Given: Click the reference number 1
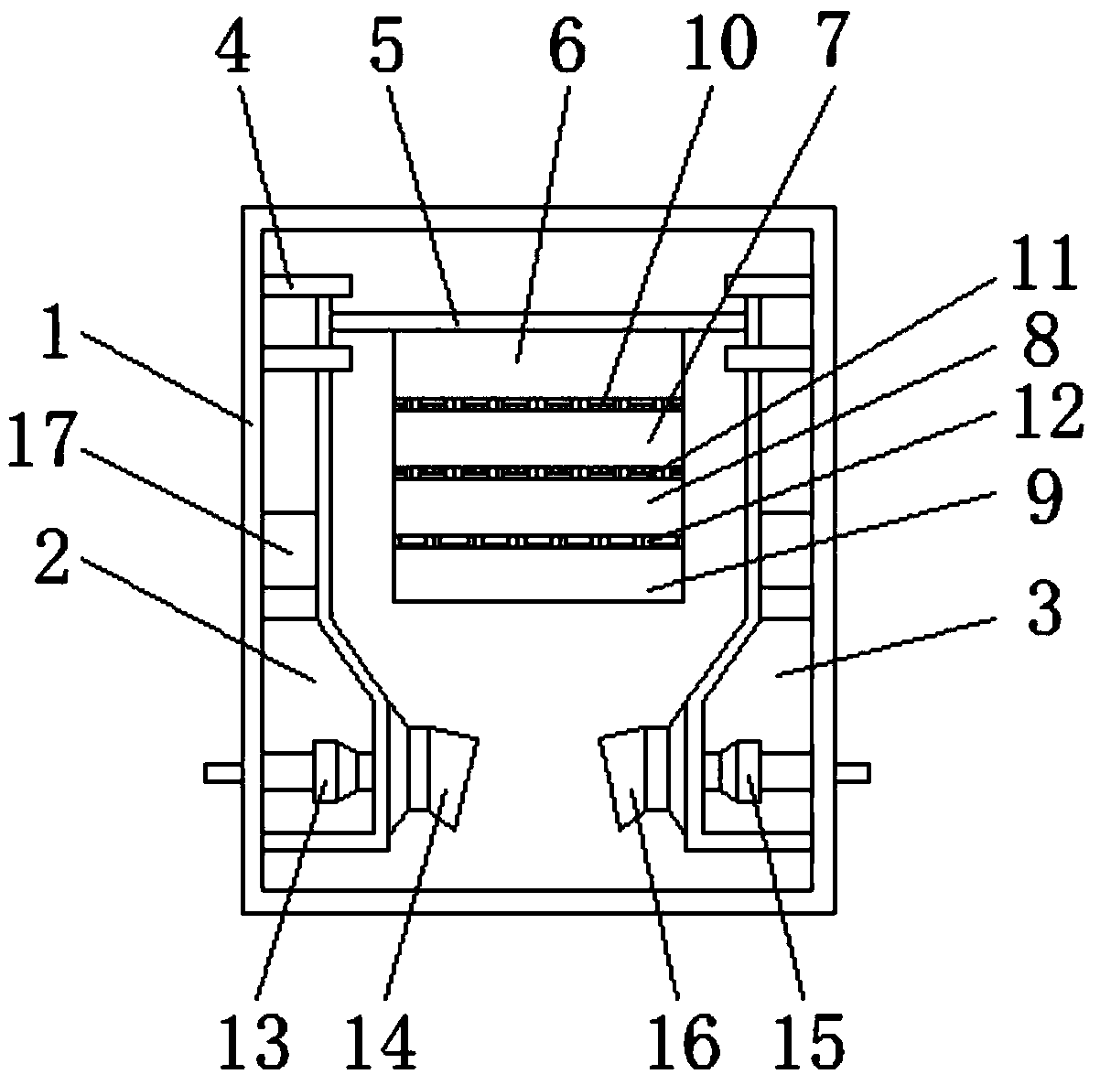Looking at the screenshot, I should coord(58,336).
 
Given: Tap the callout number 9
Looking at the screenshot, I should coord(1040,497).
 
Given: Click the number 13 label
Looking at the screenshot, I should coord(256,1040).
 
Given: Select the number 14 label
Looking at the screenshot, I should coord(384,1040).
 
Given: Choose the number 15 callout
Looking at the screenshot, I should coord(811,1040).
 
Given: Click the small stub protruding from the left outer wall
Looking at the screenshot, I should coord(223,773).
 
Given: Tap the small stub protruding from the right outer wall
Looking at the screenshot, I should coord(852,773).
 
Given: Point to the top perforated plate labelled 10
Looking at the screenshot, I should coord(538,403).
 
